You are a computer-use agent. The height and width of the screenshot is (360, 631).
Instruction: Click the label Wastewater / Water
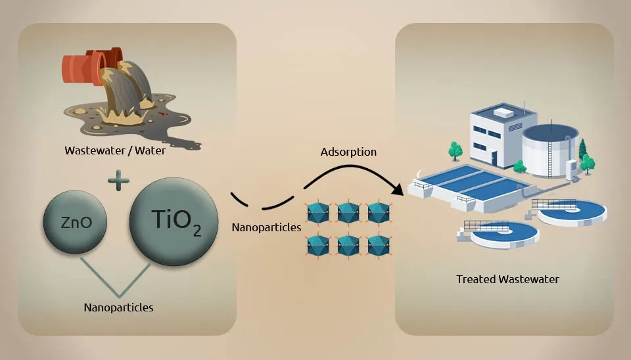(115, 150)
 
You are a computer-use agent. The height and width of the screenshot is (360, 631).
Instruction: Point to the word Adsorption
(348, 152)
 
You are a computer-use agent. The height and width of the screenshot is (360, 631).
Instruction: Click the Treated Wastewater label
(507, 279)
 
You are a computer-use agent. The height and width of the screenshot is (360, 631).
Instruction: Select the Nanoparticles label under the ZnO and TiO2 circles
(118, 307)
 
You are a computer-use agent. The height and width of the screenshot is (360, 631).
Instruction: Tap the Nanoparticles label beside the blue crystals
(266, 227)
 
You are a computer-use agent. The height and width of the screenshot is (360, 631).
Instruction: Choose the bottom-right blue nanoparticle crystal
(379, 245)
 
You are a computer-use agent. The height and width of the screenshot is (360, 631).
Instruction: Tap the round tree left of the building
(455, 150)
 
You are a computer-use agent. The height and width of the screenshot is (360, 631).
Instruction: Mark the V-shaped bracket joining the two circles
(118, 279)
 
